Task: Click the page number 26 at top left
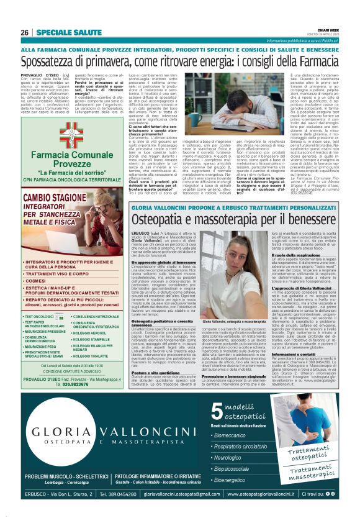coord(24,32)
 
